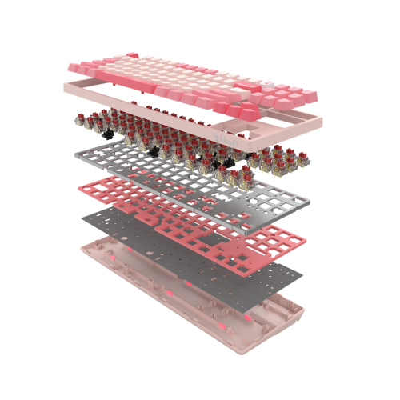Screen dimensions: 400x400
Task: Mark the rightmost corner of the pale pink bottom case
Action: (x=305, y=307)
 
